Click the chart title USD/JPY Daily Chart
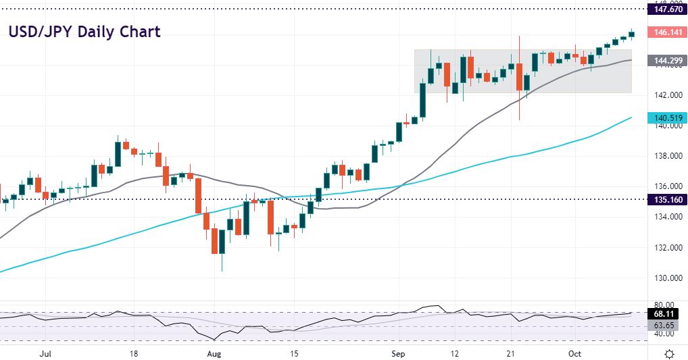(x=84, y=32)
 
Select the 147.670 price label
(x=665, y=9)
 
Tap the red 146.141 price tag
(x=665, y=32)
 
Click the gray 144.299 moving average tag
(x=665, y=60)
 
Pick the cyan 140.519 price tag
(x=665, y=118)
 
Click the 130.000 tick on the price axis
(x=664, y=278)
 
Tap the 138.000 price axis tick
(x=664, y=156)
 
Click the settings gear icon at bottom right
(x=669, y=354)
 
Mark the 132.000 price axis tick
(x=664, y=247)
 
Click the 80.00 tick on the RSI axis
(x=662, y=305)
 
